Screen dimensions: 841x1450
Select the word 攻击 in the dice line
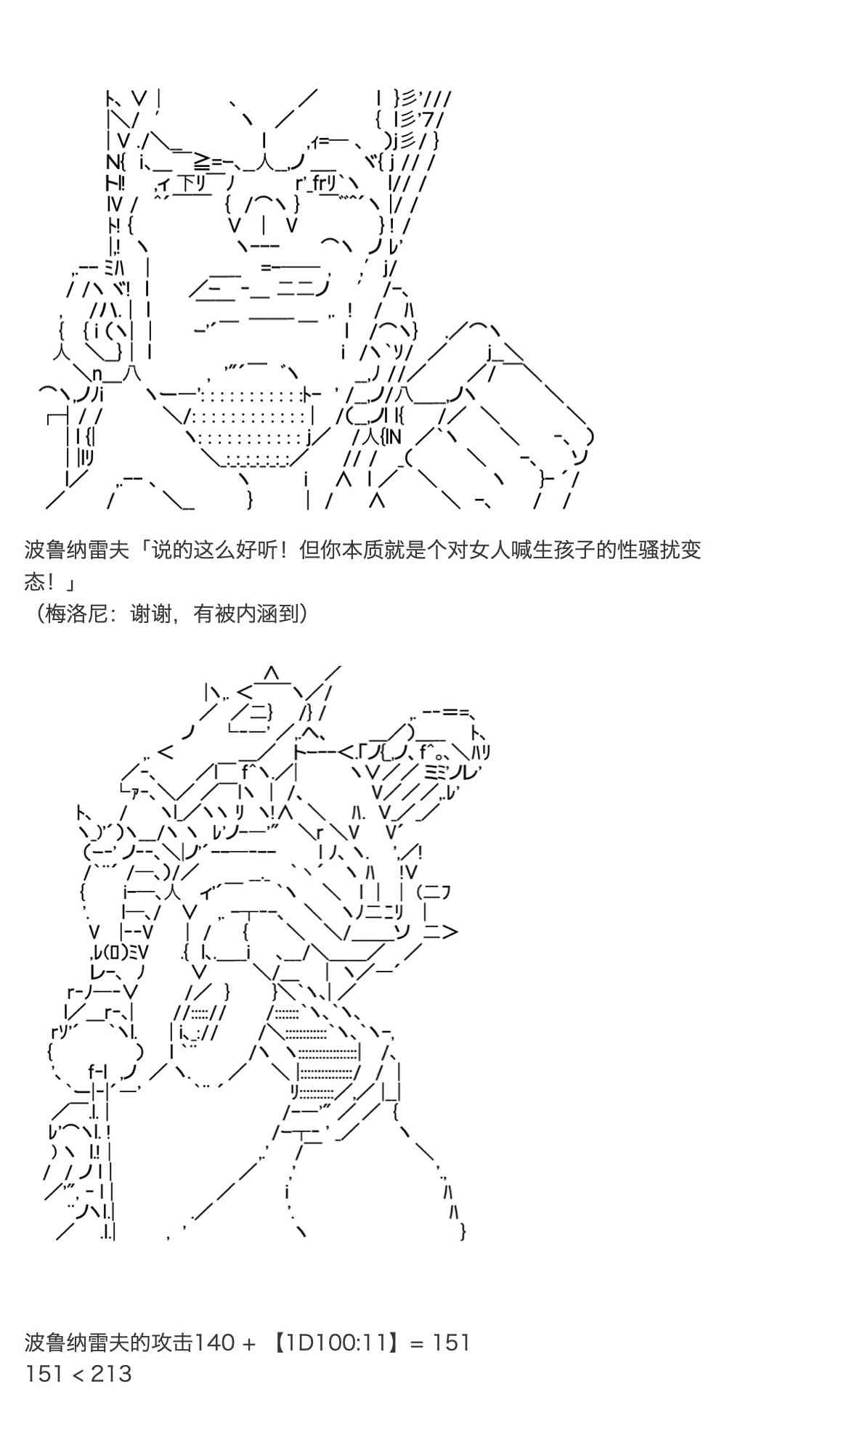172,1343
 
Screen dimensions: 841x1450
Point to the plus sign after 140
249,1343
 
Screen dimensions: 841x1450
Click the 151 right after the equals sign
452,1343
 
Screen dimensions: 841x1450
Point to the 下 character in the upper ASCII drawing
186,182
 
